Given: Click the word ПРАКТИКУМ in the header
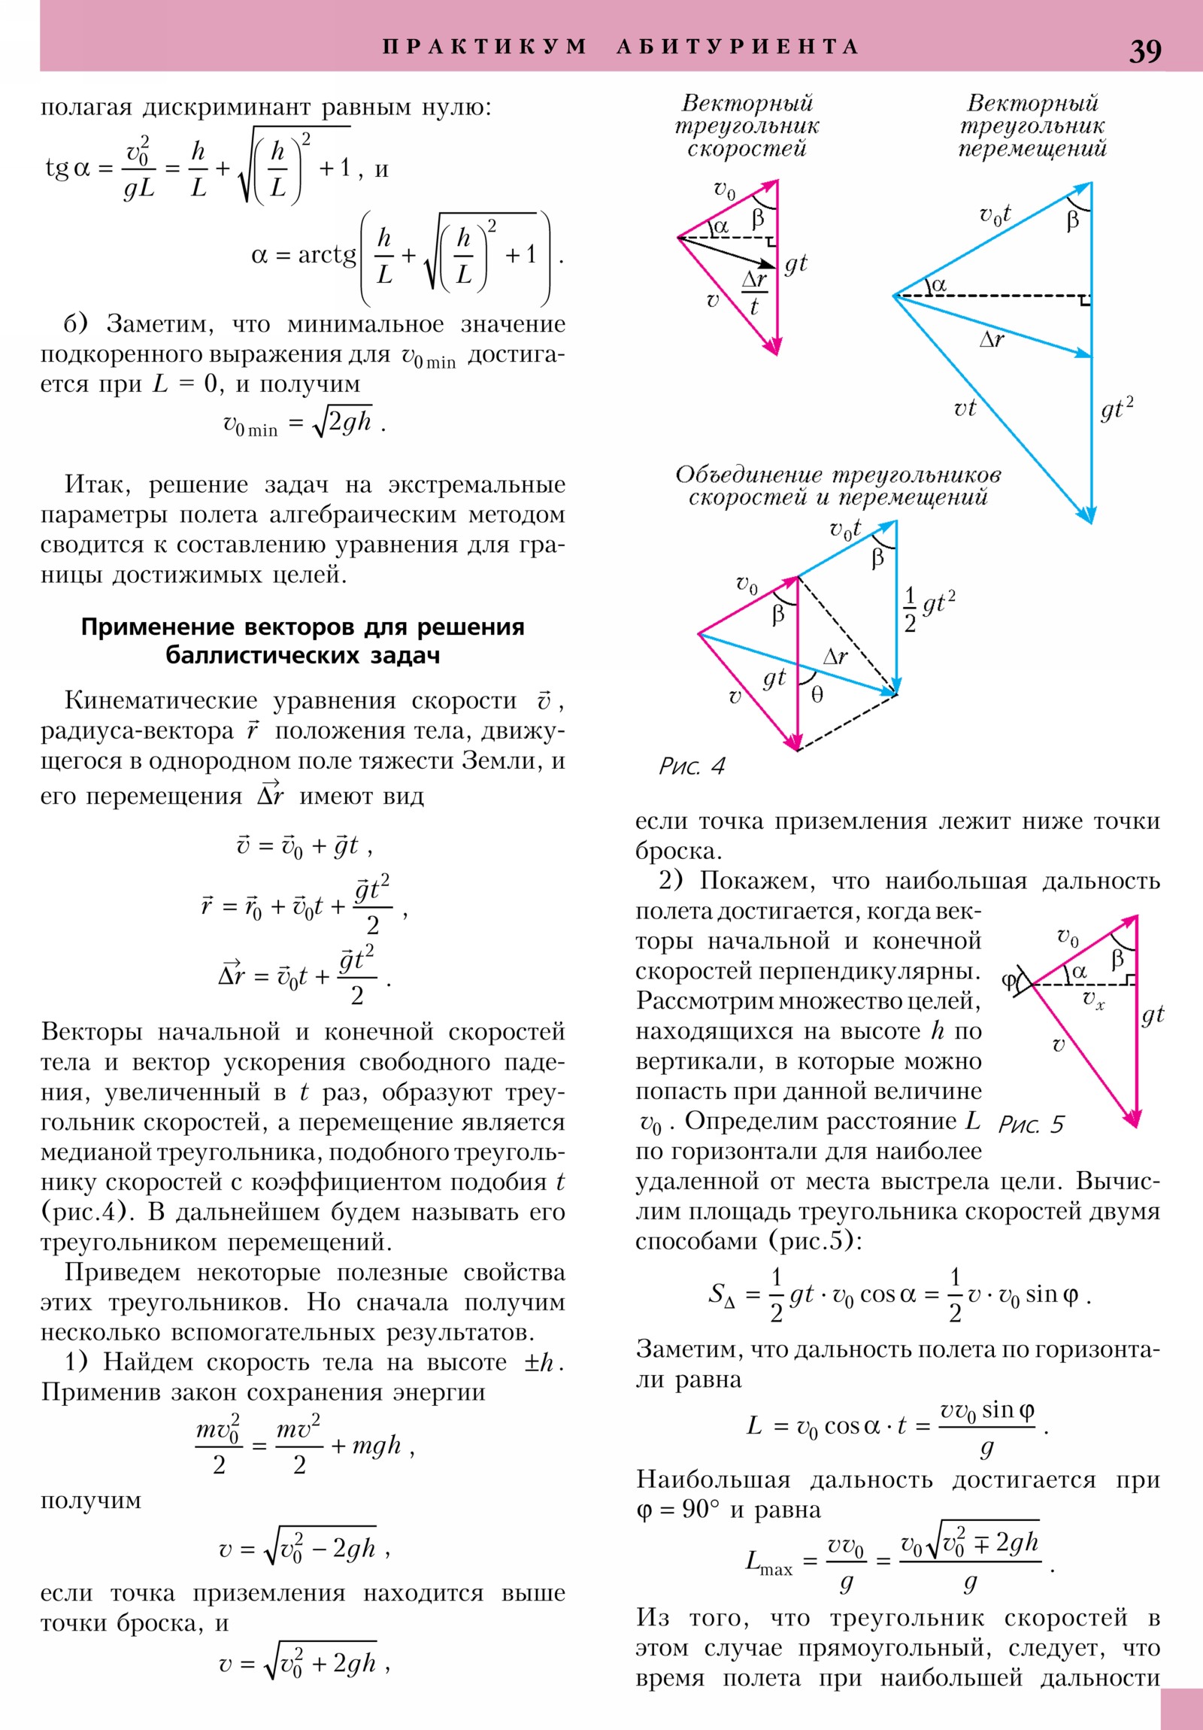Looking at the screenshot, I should [x=484, y=47].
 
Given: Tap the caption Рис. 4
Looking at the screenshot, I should [x=691, y=766].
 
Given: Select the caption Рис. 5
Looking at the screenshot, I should [x=1031, y=1125].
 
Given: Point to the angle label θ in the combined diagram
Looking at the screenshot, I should [x=817, y=695].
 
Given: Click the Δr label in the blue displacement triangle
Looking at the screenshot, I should [x=991, y=340].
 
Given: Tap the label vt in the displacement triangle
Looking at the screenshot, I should [x=964, y=408].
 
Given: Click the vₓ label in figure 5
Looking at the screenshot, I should [x=1093, y=1000].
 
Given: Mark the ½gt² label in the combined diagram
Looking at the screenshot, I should [x=929, y=609].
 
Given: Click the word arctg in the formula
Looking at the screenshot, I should [x=327, y=256].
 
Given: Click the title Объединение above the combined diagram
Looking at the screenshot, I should [x=749, y=475].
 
